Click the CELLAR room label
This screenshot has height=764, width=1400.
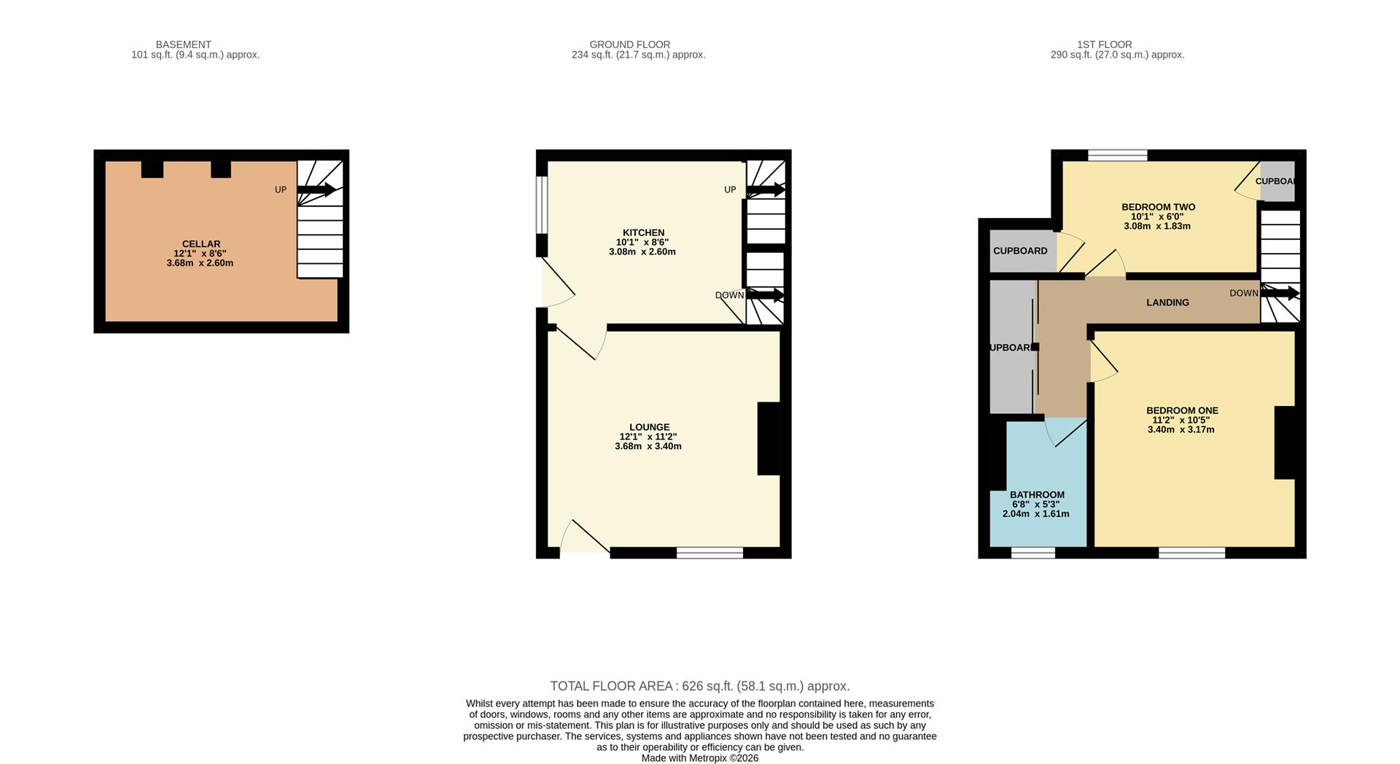tap(201, 244)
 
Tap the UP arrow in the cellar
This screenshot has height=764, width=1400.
tap(316, 190)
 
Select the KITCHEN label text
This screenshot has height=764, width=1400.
tap(643, 233)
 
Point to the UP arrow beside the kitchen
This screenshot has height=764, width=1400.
tap(766, 190)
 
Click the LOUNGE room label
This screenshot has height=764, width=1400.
tap(649, 427)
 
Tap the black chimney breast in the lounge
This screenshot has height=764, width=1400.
tap(769, 439)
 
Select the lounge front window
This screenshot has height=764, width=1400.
tap(709, 553)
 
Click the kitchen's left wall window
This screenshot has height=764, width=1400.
tap(542, 205)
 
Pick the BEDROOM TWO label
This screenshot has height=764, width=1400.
tap(1158, 207)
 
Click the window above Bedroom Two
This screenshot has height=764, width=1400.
tap(1117, 155)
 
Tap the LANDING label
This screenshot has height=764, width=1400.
tap(1167, 303)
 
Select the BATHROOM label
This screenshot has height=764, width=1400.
tap(1037, 495)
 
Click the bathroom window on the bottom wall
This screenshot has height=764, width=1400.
tap(1032, 553)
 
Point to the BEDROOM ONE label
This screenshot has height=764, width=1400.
tap(1182, 410)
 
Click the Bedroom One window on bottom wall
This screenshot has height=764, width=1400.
tap(1191, 553)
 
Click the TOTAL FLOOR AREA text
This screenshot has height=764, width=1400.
tap(699, 686)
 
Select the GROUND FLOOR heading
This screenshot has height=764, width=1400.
tap(629, 44)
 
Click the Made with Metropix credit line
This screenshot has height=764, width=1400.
tap(699, 758)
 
